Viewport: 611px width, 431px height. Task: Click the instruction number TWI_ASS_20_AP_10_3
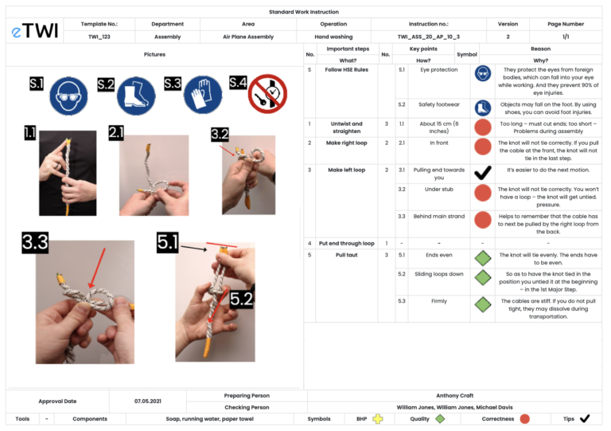click(x=428, y=37)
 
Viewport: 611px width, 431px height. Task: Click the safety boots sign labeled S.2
click(x=135, y=96)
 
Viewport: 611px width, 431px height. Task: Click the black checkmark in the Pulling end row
click(x=482, y=173)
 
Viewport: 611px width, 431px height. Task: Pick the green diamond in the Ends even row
click(x=482, y=258)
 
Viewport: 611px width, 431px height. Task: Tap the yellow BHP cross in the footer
click(x=378, y=418)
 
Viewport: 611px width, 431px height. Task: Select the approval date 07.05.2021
click(x=147, y=401)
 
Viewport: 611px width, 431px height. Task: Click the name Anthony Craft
click(x=454, y=395)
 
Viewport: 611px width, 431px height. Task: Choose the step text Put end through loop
click(x=346, y=243)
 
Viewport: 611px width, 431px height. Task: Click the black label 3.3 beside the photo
click(x=35, y=244)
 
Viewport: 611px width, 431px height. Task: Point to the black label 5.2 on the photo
click(x=242, y=300)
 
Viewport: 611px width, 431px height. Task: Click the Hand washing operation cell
click(x=333, y=37)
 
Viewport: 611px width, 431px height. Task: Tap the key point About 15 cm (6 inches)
click(x=438, y=127)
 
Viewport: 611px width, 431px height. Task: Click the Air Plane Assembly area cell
click(x=248, y=37)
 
